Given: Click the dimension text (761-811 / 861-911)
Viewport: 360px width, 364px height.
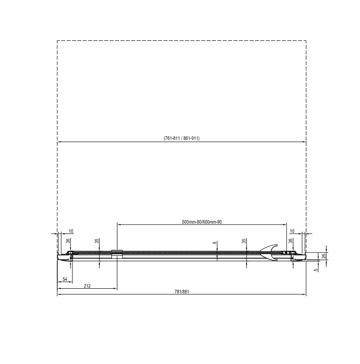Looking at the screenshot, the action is [182, 138].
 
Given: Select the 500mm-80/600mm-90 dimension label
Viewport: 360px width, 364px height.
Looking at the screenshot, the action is [202, 222].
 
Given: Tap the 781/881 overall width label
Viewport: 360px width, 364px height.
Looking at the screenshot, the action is [182, 292].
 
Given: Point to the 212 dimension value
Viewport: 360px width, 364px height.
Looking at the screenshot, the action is [87, 286].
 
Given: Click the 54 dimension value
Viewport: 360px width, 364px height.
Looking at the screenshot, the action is [65, 279].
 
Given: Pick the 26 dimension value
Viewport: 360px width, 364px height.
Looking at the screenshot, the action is [324, 256].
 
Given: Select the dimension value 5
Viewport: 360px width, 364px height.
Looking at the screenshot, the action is [316, 270].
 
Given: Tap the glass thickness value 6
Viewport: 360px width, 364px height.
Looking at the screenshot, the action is [215, 242].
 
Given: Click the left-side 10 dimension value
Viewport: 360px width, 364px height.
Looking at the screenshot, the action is [71, 231].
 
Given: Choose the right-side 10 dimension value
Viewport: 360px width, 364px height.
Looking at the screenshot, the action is [292, 231].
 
